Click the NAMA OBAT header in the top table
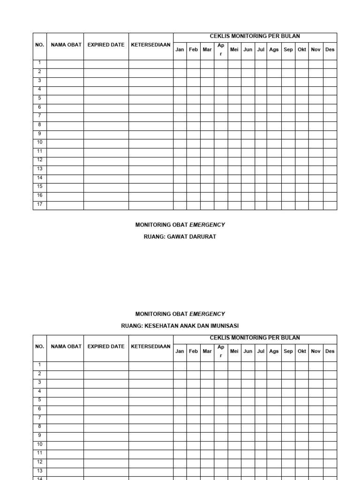tap(66, 45)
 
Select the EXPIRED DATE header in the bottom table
tap(106, 346)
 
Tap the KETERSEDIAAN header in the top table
tap(150, 45)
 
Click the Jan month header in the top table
tap(180, 50)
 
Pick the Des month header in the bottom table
tap(330, 351)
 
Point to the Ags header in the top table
tap(274, 50)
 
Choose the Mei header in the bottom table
tap(234, 351)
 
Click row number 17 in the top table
tap(40, 204)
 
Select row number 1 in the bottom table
tap(40, 365)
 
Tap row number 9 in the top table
tap(40, 134)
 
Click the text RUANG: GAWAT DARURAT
tap(180, 237)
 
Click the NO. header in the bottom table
tap(40, 346)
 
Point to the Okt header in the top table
tap(302, 50)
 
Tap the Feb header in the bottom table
tap(193, 351)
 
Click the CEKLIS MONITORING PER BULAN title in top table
tap(255, 36)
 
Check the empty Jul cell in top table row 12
tap(261, 160)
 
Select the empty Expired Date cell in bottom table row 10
tap(106, 444)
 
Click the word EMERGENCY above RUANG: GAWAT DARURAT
tap(207, 225)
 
